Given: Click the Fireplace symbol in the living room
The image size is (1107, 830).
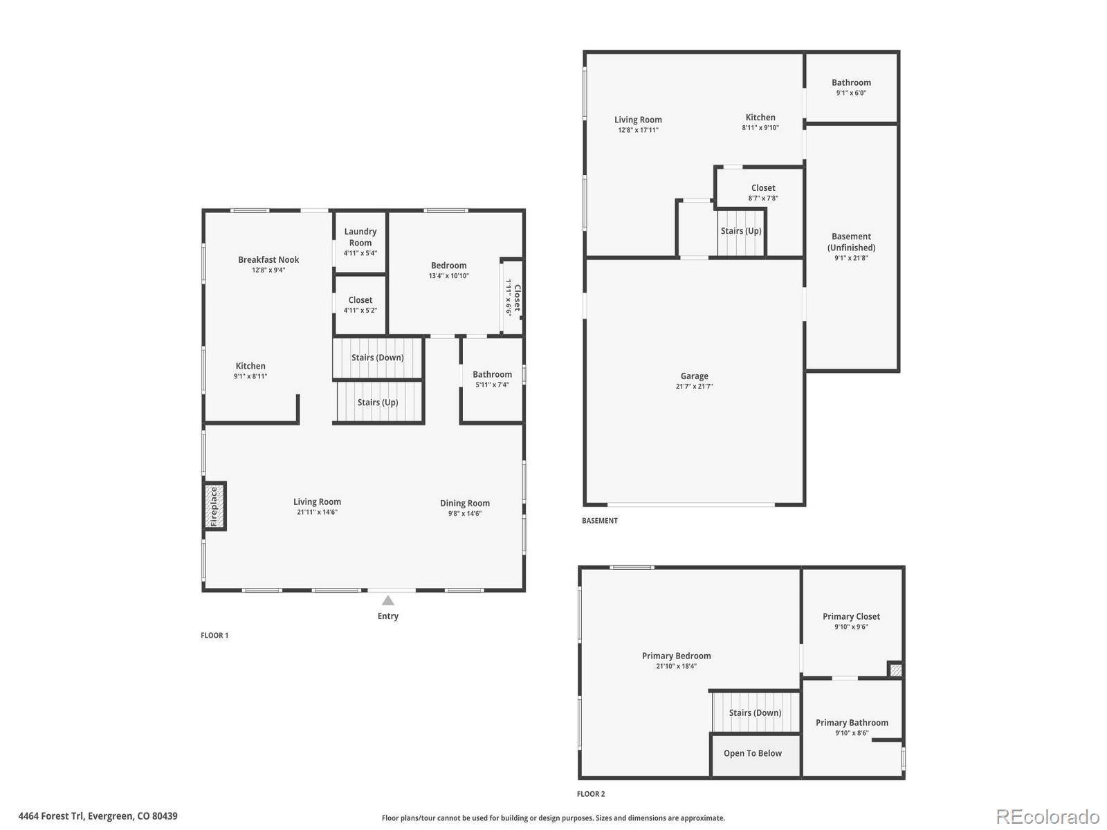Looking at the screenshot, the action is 214,506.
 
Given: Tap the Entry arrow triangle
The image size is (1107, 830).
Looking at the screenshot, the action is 387,600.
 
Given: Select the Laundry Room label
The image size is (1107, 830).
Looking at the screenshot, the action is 360,237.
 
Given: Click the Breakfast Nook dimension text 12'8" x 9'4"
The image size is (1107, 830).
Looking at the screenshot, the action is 268,270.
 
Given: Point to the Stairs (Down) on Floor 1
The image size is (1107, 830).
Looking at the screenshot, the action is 377,358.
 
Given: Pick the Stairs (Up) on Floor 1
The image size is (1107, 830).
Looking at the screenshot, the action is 378,402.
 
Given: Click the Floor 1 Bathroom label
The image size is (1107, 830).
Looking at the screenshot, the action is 492,374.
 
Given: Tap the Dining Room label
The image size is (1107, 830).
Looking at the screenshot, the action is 464,503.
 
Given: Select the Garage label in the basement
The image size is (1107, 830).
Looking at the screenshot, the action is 694,376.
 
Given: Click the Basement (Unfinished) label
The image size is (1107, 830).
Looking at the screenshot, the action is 851,242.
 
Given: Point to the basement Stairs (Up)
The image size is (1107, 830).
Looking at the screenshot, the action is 740,232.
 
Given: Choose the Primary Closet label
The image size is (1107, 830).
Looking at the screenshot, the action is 851,616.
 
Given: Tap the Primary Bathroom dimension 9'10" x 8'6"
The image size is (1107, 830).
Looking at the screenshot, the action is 851,733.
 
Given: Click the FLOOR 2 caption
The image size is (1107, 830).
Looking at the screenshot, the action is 591,794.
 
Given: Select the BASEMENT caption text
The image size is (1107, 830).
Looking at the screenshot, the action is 600,521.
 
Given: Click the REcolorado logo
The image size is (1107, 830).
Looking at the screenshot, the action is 1047,816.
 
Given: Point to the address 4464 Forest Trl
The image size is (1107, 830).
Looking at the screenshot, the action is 51,816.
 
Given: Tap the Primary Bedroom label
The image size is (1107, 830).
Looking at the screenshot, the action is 676,656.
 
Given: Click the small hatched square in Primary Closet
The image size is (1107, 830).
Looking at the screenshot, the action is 895,670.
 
